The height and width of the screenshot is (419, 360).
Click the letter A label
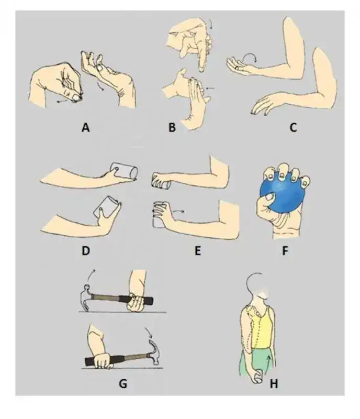[85, 127]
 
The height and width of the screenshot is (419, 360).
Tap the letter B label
[172, 127]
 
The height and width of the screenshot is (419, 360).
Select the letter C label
[293, 127]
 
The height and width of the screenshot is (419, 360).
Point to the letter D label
[85, 251]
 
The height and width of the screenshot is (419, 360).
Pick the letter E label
[198, 251]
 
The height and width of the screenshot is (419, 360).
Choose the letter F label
[285, 251]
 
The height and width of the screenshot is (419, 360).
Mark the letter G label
[123, 384]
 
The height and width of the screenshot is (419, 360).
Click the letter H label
[274, 384]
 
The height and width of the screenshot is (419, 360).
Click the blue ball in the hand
[283, 195]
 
